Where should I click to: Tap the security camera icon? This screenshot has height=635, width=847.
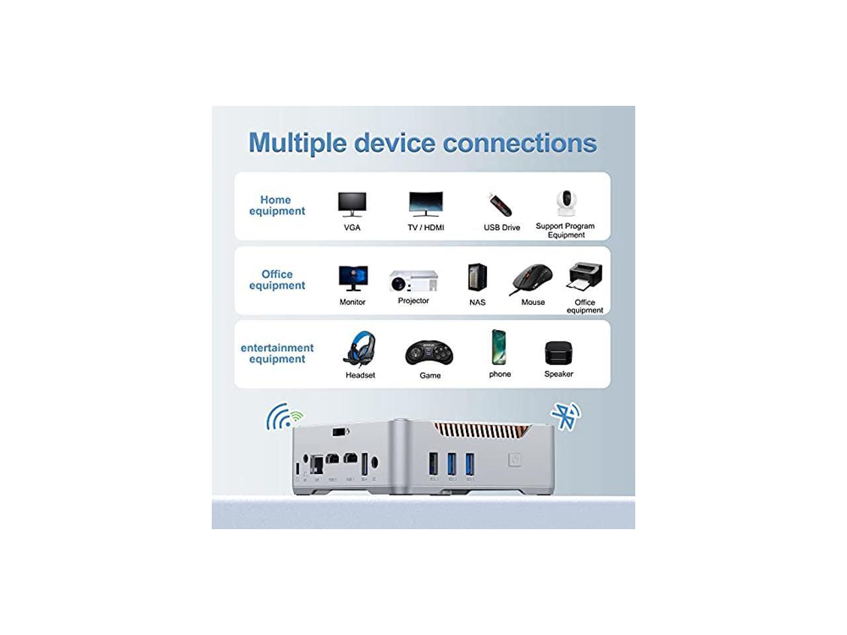565,202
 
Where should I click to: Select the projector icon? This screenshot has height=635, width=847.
414,280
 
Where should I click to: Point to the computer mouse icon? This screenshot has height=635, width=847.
531,279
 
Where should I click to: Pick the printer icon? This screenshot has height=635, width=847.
585,277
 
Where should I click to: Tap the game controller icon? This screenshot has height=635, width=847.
429,353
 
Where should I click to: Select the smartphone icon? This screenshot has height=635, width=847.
499,347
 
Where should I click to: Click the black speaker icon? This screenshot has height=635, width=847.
558,353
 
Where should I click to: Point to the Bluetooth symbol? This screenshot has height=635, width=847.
564,417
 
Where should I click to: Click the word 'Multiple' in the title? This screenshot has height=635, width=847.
297,143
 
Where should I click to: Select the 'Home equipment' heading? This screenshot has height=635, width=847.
277,205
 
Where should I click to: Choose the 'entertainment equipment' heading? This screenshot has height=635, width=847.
277,353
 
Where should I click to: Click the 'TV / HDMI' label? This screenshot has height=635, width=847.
425,228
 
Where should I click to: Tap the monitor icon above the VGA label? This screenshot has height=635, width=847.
352,204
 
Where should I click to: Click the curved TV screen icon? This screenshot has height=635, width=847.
425,204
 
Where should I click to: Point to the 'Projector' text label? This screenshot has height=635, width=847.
414,301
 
